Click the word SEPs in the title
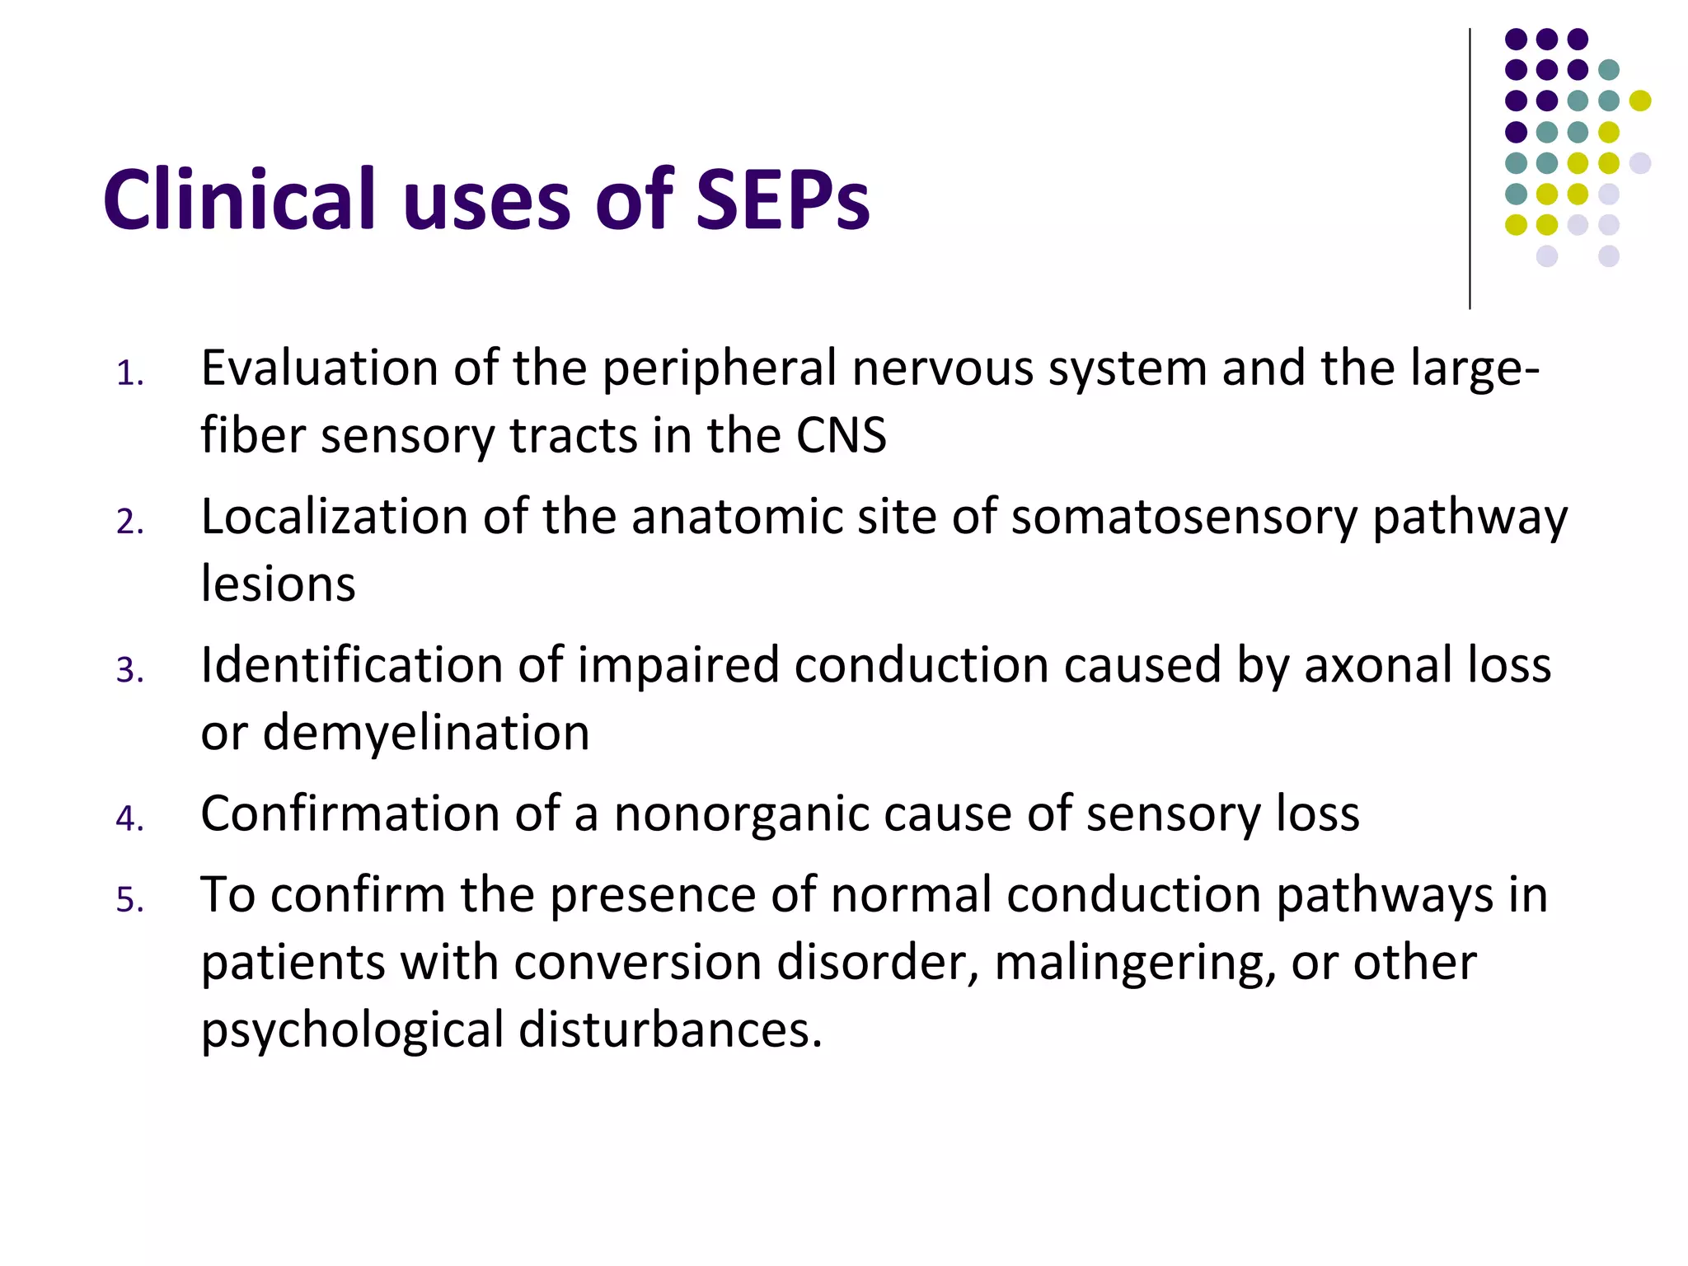click(781, 200)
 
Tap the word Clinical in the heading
click(239, 200)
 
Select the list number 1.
click(129, 374)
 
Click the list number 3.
click(129, 670)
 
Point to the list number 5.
click(129, 900)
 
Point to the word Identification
click(352, 665)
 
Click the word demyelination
click(426, 733)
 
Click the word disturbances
click(670, 1030)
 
